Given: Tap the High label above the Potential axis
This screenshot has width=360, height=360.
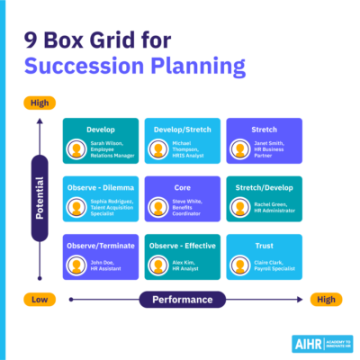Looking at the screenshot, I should point(40,103).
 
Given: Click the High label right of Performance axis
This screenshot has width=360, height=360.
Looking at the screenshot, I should point(324,299).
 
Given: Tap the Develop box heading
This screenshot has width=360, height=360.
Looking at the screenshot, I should point(99,129).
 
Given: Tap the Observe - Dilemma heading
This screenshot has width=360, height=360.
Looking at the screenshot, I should point(99,187).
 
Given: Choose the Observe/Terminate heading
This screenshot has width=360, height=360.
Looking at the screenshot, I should point(99,245).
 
